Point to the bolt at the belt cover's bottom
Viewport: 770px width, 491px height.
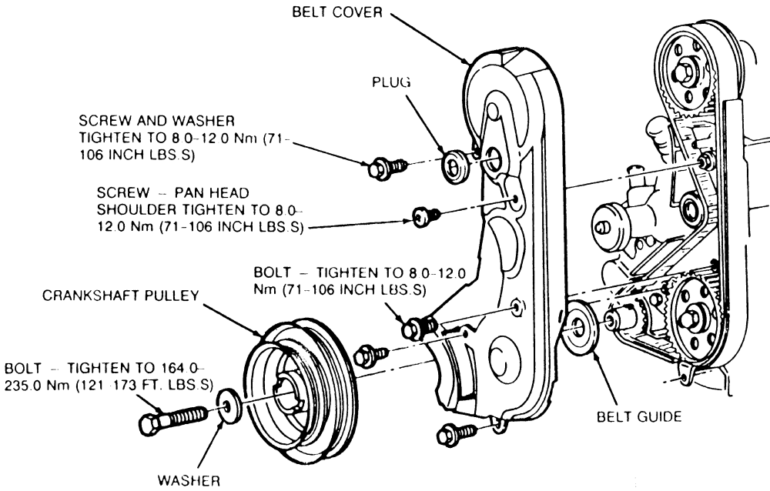(450, 433)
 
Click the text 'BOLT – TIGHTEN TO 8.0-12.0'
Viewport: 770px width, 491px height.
(367, 273)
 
